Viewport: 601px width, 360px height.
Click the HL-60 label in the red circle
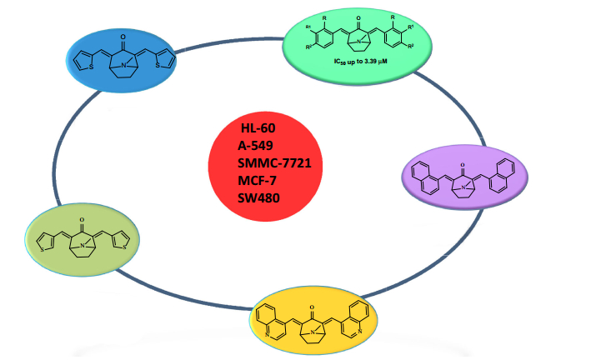259,129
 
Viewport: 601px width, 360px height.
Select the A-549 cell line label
258,147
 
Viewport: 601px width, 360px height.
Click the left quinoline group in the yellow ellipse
273,321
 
